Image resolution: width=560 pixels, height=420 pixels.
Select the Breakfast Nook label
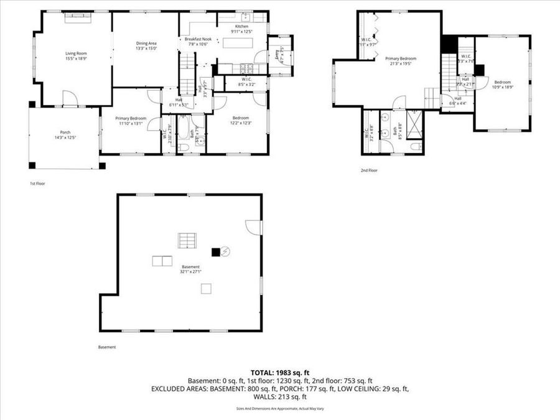tap(198, 39)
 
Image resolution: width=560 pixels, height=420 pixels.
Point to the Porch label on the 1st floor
tap(65, 131)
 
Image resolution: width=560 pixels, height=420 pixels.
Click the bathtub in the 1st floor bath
tap(184, 129)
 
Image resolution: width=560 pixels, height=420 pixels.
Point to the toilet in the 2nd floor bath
tap(416, 147)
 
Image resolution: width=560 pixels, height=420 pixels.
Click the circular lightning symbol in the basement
tap(226, 251)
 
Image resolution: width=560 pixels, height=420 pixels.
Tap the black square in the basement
tap(216, 252)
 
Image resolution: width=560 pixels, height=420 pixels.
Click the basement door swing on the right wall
tap(254, 227)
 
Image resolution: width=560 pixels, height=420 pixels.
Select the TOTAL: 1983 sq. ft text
tap(279, 372)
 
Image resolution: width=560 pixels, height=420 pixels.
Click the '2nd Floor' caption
tap(368, 170)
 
